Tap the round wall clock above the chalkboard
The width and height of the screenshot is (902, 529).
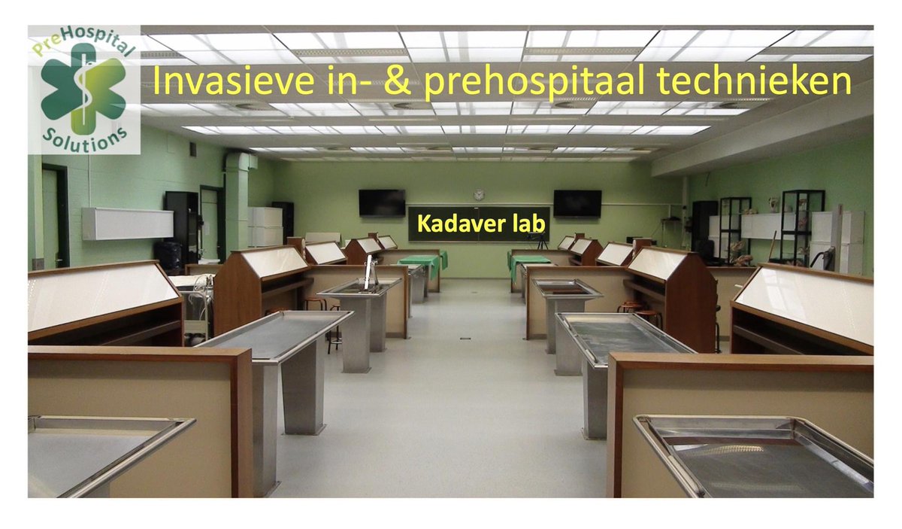click(x=479, y=194)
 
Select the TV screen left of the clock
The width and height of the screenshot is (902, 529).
click(x=382, y=202)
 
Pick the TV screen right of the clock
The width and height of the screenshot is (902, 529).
click(x=577, y=203)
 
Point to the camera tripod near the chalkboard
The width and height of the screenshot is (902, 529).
click(x=540, y=241)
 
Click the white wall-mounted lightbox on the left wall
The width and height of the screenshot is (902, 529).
click(x=127, y=223)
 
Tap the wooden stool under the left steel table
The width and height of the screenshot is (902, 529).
click(x=316, y=303)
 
